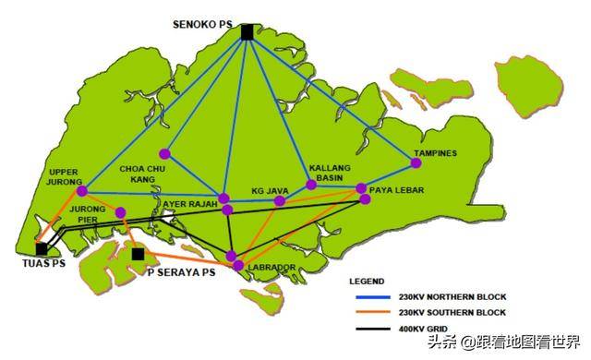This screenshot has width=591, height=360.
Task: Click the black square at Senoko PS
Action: point(247,32)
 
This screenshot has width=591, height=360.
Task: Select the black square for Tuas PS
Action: point(42,248)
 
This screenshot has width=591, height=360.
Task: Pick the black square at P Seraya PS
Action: point(138,254)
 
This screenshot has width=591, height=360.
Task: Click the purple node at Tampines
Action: point(416,163)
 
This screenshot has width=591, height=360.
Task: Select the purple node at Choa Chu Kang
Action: point(164,153)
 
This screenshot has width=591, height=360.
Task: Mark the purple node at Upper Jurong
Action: point(82,191)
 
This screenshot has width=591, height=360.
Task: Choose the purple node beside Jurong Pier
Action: point(121,212)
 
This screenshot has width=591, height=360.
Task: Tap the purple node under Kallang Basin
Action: point(311,185)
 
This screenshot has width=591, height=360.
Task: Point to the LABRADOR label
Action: point(272,268)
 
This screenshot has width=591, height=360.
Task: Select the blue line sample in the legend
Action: point(370,297)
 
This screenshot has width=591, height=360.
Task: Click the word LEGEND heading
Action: point(367,281)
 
